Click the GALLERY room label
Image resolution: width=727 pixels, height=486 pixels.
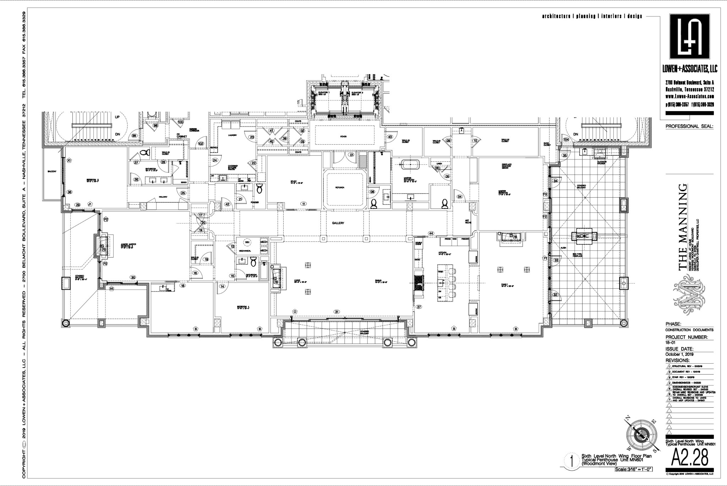click(x=338, y=223)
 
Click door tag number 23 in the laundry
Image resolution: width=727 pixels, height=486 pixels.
click(x=252, y=137)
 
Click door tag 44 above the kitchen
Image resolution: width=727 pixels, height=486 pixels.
click(x=431, y=233)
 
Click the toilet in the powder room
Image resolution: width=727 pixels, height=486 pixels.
click(x=259, y=188)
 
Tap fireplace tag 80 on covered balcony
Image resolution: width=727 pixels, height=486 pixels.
click(x=579, y=236)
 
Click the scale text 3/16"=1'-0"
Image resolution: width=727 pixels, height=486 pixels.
click(x=634, y=470)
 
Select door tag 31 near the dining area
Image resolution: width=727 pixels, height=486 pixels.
click(x=337, y=311)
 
